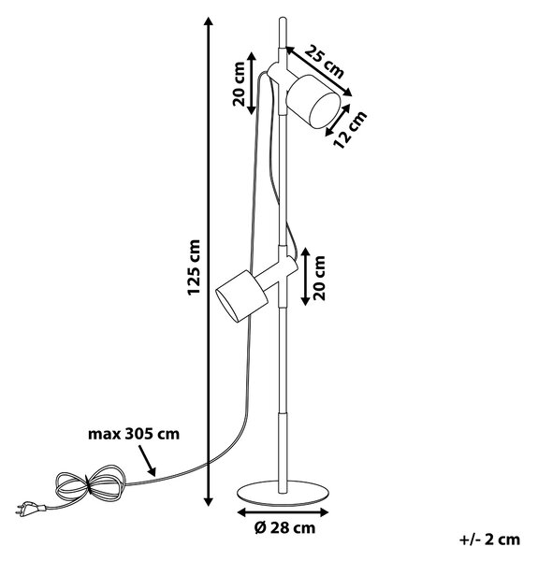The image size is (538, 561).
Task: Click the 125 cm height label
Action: (194, 267)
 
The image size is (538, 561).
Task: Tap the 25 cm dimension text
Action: (325, 62)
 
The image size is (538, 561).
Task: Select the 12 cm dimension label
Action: (350, 129)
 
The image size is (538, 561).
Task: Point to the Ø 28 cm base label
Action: (285, 528)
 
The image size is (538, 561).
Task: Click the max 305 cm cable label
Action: (134, 434)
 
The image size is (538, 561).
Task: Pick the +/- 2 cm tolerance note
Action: (489, 539)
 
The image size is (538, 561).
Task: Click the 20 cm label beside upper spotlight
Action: (239, 84)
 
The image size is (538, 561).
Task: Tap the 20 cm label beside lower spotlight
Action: (319, 278)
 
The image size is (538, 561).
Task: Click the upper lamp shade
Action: (313, 101)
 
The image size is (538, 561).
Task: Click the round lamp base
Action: (284, 494)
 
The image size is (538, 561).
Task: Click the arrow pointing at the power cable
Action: (147, 461)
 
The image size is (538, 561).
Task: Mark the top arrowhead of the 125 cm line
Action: (209, 22)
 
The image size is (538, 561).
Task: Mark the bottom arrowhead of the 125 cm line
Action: (209, 501)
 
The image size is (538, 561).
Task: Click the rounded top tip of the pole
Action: (283, 19)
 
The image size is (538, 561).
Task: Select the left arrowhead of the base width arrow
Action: (242, 512)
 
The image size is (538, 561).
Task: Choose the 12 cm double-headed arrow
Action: (338, 121)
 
